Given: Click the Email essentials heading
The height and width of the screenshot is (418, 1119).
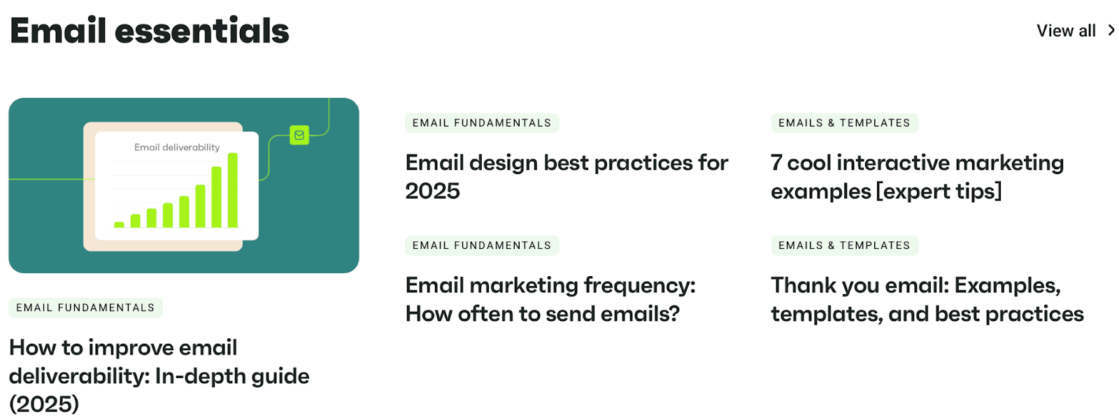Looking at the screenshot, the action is tap(150, 31).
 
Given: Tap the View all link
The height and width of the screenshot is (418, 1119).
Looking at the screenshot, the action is tap(1066, 31).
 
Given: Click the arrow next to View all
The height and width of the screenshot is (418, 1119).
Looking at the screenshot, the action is tap(1111, 31).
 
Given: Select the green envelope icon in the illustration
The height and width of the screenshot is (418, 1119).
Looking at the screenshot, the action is tap(299, 135).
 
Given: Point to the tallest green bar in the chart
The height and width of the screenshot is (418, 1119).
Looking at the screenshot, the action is tap(233, 190).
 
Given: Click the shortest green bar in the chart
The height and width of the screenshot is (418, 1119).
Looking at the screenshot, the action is tap(120, 225).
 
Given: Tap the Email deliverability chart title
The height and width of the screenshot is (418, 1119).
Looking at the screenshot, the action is tap(177, 147).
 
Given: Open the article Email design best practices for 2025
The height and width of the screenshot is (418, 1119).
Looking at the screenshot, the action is tap(566, 177).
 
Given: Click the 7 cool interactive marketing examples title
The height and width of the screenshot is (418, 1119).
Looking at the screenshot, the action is tap(917, 177).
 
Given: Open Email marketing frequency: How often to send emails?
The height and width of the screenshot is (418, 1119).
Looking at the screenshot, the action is tap(550, 300).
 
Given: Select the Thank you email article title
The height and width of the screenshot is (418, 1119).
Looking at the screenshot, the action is tap(927, 300).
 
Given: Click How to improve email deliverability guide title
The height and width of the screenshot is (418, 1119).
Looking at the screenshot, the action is tap(159, 375).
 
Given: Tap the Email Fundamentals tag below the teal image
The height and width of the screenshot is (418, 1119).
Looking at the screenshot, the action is tap(85, 308).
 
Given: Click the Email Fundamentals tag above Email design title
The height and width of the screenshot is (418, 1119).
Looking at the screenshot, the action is tap(482, 123).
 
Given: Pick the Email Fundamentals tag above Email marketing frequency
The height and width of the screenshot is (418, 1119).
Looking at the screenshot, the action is tap(482, 246).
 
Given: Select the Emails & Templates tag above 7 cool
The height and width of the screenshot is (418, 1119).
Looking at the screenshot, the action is tap(844, 123).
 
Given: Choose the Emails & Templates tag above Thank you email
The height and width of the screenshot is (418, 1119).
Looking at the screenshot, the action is tap(844, 246).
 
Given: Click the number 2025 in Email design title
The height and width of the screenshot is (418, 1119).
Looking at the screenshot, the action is tap(433, 192).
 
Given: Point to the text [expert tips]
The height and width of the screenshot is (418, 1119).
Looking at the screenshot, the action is tap(939, 192).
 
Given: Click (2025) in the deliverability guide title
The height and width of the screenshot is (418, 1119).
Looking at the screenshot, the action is tap(44, 404).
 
